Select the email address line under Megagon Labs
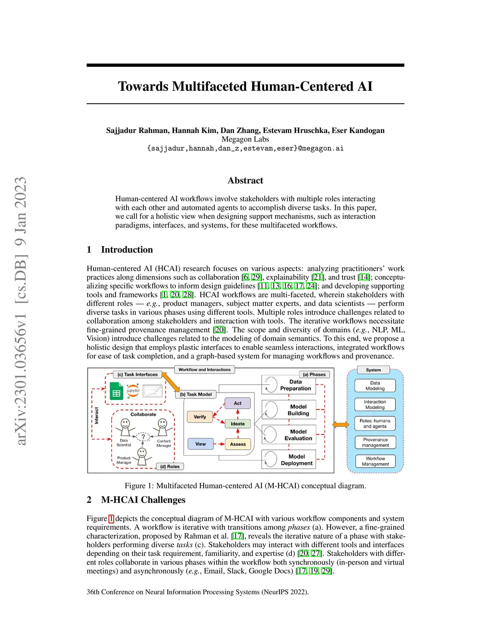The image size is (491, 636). coord(245,148)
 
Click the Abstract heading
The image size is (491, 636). coord(245,180)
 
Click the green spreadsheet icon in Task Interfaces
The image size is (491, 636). coord(116,391)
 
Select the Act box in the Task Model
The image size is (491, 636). coord(238,403)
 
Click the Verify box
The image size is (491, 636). coord(200,417)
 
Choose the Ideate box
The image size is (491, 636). coord(238,424)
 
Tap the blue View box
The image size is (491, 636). coord(200,444)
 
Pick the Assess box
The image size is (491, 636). coord(238,444)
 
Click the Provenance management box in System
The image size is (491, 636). coord(375,442)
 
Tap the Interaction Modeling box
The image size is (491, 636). coord(375,405)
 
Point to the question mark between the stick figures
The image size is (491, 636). coord(143,436)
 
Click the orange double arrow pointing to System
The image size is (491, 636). coord(340,425)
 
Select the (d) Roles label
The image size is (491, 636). coord(170,467)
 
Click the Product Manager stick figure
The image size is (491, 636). coord(142,456)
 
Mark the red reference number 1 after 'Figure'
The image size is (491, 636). coord(111,518)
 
